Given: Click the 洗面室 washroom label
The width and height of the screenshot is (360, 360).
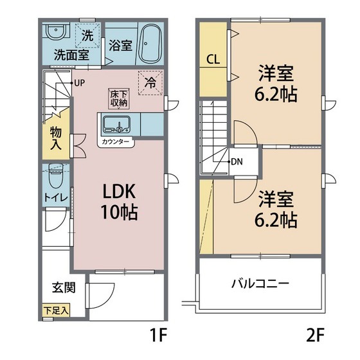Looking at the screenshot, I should pos(71,55).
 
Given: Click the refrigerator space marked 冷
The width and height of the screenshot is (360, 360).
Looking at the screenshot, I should pos(150,82).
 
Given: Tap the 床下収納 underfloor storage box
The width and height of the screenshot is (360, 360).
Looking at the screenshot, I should pos(118,98).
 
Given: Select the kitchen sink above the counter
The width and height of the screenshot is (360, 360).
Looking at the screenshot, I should pos(116,124).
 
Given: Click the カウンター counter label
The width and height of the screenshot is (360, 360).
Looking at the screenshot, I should pos(116,141).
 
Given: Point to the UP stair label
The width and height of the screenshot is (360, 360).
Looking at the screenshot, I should pos(80,82).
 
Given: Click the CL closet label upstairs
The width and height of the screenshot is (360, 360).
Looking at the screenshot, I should pos(213,60).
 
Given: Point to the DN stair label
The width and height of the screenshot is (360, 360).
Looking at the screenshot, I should pos(237,161).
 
